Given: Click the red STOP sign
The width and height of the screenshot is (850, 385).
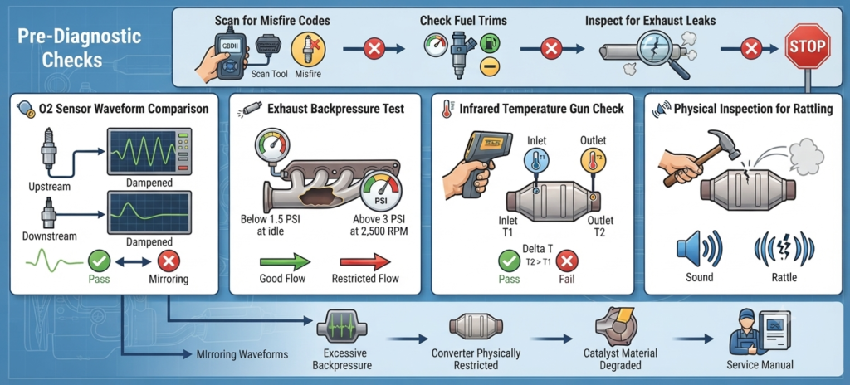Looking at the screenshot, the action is coord(807,46).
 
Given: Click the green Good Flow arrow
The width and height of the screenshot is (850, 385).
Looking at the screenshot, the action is coord(285,262).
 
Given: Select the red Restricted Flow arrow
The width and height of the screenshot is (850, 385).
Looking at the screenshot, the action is coord(365,262).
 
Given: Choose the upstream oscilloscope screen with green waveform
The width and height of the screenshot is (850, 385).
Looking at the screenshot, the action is coord(149,151).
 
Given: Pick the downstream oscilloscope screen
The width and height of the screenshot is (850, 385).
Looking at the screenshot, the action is coord(149,212).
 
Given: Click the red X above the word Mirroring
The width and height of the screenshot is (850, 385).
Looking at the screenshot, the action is coord(169,262).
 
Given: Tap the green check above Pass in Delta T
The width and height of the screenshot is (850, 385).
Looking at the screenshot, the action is coord(509,262).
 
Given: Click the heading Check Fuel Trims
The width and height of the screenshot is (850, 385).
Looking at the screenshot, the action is coord(463,21).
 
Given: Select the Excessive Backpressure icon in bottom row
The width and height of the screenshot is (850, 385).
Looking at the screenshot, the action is coord(342,326).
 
